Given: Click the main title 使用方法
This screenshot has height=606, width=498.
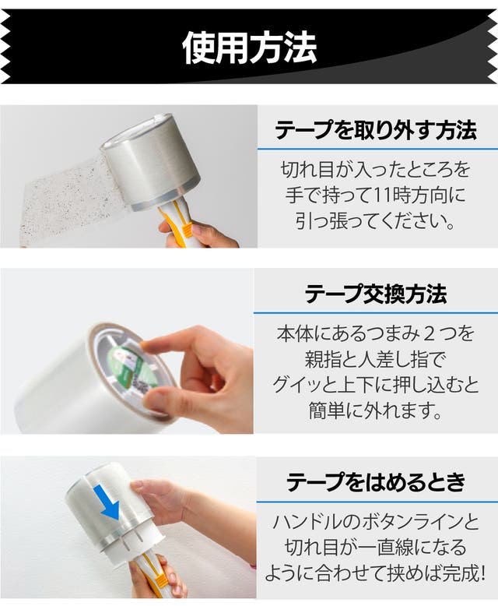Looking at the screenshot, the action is [249, 48].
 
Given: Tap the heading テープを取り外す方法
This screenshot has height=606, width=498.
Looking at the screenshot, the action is [376, 130].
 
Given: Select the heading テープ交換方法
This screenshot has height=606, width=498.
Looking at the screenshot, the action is [376, 294].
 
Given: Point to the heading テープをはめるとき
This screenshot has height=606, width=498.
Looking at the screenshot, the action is [376, 481].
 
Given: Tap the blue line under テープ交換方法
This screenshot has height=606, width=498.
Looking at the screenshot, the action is [376, 312].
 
